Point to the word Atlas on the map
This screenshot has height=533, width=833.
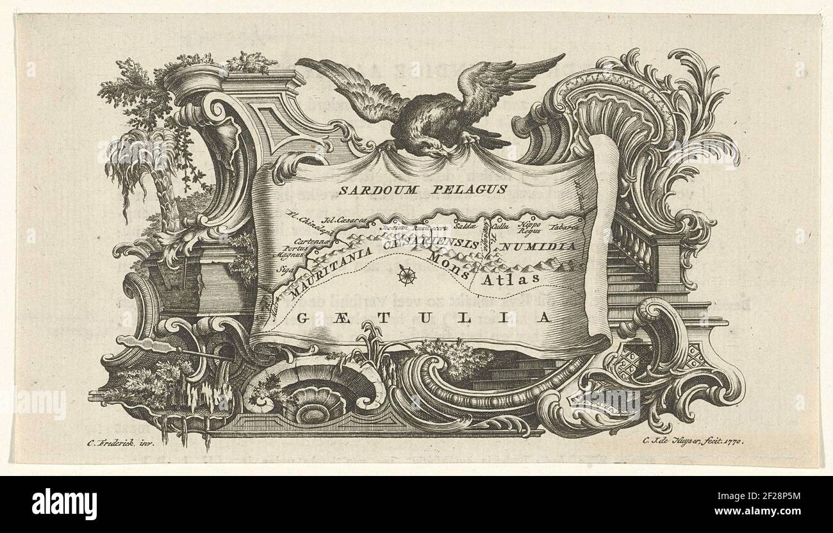click(511, 280)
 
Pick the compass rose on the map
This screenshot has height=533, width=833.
click(406, 275)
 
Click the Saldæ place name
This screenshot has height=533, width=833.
click(462, 226)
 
